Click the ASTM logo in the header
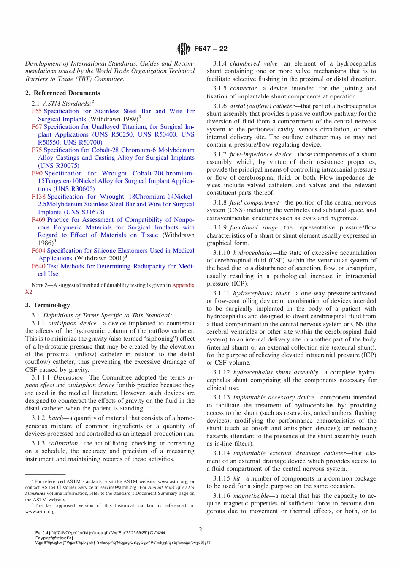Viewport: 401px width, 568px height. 183,49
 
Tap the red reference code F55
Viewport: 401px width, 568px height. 37,111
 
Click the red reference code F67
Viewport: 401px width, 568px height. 37,127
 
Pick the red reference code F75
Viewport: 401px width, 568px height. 37,150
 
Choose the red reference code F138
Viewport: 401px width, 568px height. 38,197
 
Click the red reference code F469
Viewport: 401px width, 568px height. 38,220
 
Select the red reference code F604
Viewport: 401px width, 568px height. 38,251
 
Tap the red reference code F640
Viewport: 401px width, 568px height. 38,266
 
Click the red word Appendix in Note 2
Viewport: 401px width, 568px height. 183,285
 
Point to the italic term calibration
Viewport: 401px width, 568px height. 63,443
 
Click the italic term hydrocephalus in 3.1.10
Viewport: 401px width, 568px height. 253,253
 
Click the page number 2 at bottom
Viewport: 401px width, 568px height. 200,530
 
